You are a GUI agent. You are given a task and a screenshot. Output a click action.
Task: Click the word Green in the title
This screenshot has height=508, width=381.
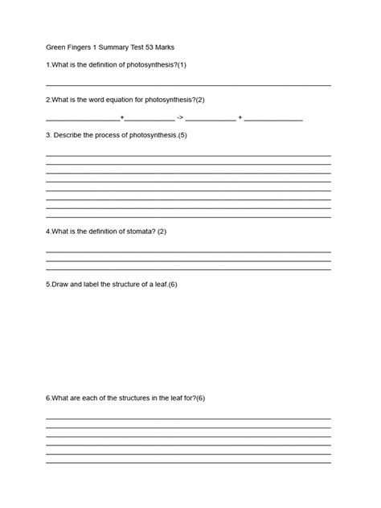click(x=56, y=47)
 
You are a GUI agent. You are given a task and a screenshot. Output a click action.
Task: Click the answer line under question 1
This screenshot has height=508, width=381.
click(x=188, y=84)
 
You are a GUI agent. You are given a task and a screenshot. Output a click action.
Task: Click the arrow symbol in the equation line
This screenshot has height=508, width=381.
click(x=179, y=118)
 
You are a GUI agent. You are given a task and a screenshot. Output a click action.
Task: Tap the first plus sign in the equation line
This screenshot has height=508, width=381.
click(x=122, y=118)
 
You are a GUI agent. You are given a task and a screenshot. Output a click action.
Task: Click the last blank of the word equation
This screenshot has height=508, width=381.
click(x=273, y=120)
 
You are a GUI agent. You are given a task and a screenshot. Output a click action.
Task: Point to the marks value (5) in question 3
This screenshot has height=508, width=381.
click(x=182, y=135)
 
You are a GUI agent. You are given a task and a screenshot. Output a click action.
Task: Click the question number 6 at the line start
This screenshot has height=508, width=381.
click(x=48, y=398)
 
